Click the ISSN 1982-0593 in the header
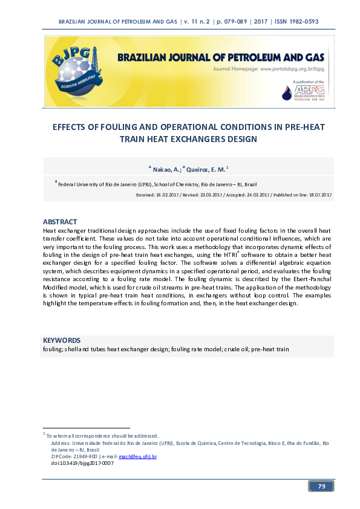tap(296, 22)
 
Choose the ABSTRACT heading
tap(60, 222)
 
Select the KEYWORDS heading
tap(62, 340)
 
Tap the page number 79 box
tap(321, 486)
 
